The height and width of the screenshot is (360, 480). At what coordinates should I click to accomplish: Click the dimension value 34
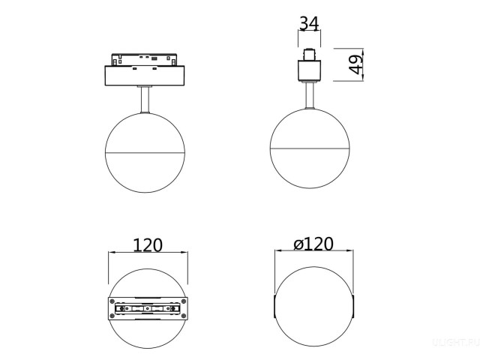[x=309, y=23]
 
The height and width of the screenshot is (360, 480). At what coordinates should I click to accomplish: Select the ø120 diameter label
[x=313, y=244]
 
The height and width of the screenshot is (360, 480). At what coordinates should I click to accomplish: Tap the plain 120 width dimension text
[x=148, y=245]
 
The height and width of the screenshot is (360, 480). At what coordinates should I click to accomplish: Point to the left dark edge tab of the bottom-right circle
[x=276, y=308]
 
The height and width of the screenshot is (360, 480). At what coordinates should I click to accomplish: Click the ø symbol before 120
[x=298, y=244]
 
